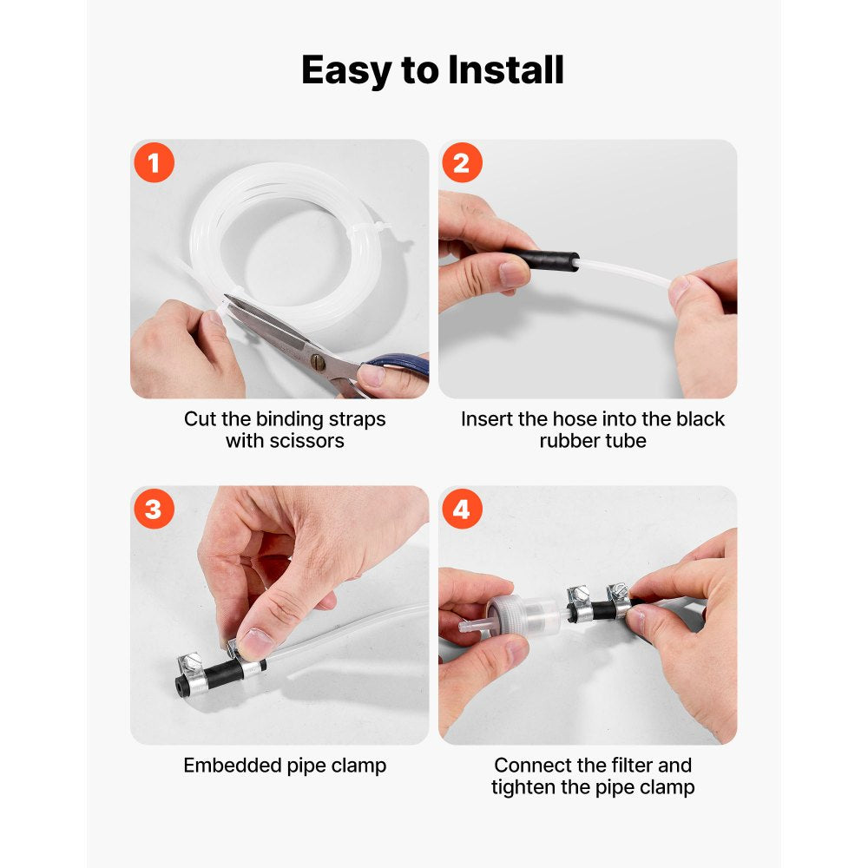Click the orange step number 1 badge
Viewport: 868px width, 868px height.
(x=154, y=163)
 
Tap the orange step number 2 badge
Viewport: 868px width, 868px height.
(x=462, y=163)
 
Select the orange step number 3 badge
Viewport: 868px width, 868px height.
(x=154, y=510)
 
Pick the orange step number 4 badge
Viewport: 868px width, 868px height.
(x=462, y=510)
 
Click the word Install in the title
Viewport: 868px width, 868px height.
(x=506, y=70)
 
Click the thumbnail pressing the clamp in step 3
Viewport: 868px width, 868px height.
(x=253, y=643)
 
